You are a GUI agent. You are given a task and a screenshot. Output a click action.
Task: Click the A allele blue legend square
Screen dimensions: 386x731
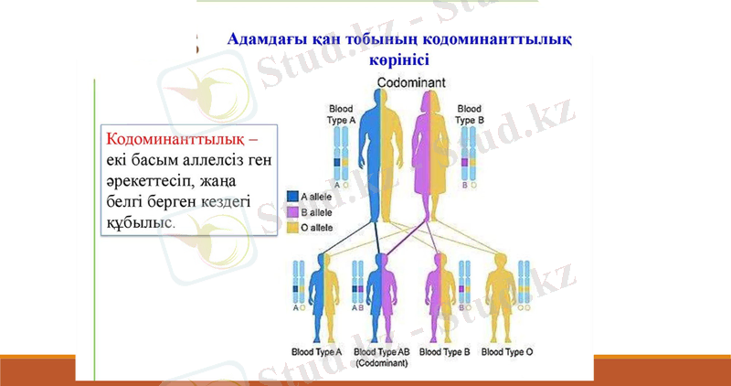[x=291, y=195]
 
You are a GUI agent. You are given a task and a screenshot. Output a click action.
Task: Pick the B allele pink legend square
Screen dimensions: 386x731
[x=291, y=210]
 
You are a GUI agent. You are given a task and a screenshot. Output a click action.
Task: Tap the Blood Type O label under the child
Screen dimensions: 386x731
[x=507, y=351]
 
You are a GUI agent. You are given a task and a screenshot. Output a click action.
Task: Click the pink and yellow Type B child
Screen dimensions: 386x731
[x=441, y=293]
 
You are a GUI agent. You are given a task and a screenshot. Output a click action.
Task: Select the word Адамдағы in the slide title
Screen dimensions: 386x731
[x=264, y=40]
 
